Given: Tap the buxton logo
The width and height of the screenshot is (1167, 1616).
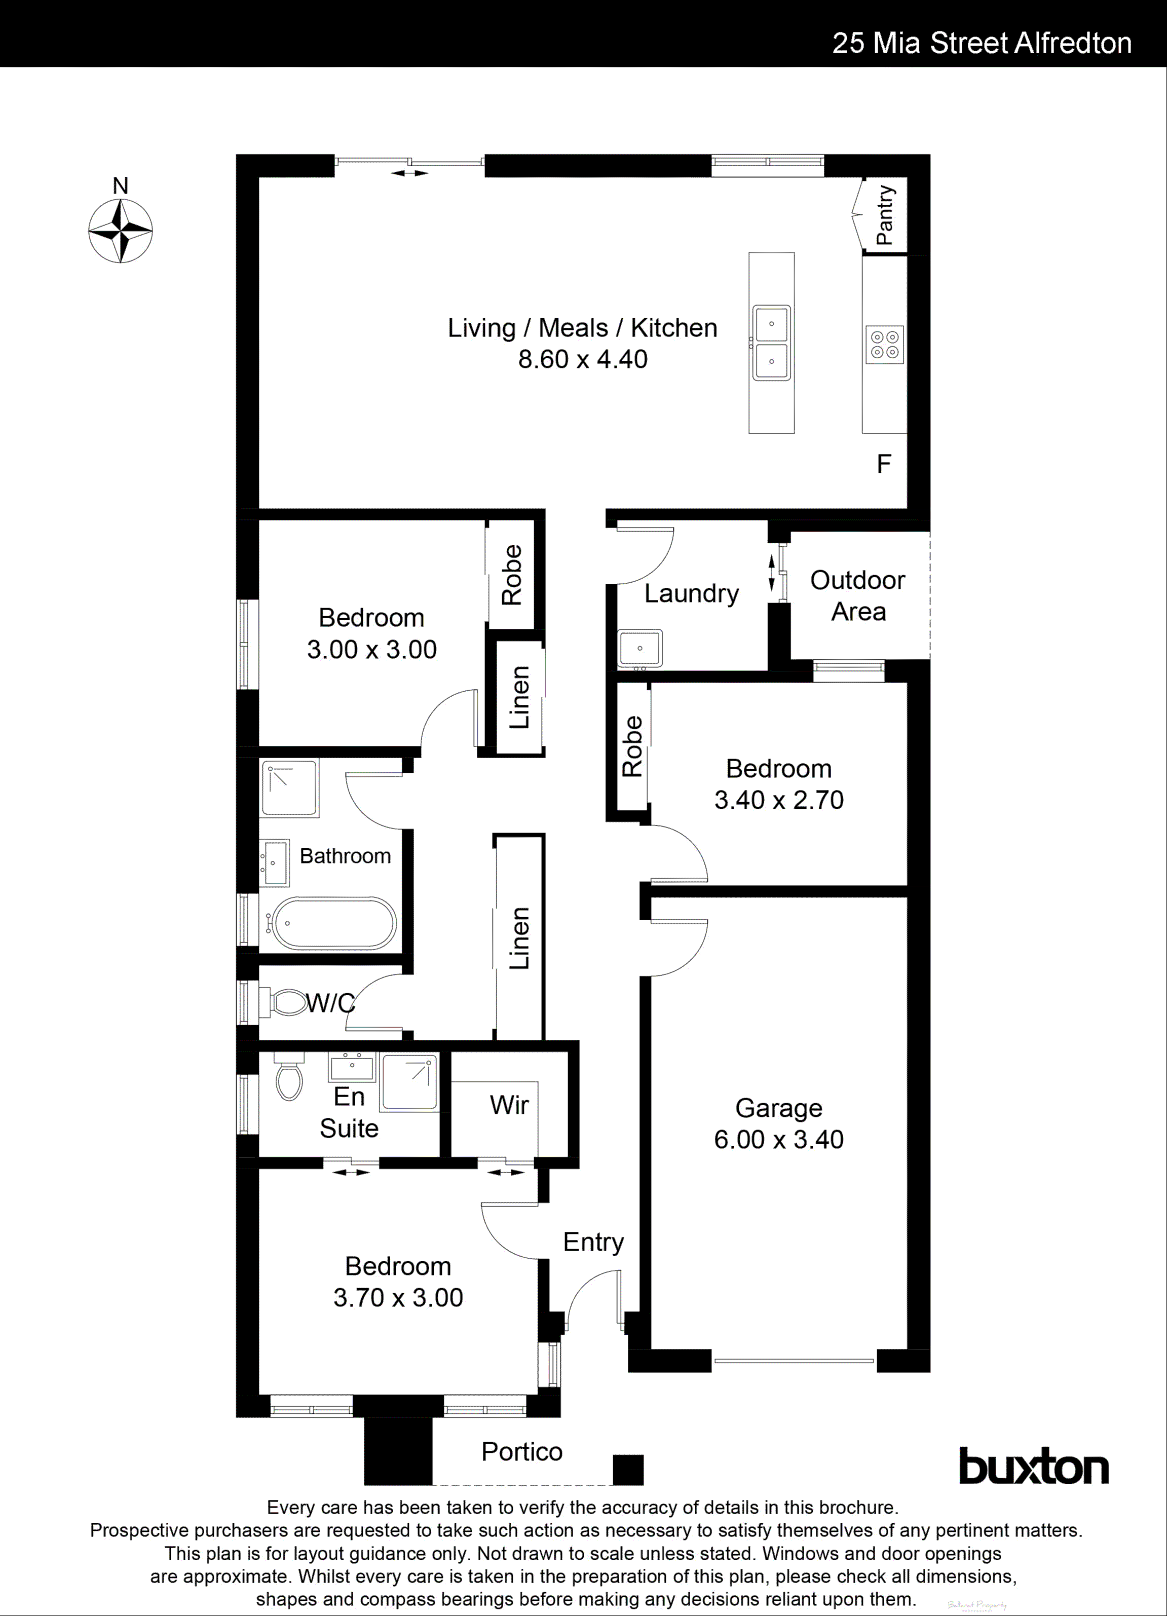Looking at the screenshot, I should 1033,1467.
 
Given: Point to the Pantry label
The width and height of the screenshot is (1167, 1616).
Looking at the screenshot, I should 884,215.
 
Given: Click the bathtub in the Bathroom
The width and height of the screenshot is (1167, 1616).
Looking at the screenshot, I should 334,923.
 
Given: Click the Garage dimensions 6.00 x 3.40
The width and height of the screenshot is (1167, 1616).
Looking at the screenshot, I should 779,1139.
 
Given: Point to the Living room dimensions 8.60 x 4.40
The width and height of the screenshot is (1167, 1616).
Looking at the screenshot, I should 583,359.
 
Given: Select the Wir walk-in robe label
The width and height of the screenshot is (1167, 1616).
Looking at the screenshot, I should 509,1105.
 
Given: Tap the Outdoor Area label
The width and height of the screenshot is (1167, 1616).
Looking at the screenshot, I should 858,595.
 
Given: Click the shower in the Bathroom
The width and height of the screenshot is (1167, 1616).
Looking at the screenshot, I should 289,788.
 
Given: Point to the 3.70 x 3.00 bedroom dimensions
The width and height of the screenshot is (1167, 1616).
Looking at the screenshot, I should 398,1297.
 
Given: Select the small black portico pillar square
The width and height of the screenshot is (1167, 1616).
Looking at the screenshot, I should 628,1469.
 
